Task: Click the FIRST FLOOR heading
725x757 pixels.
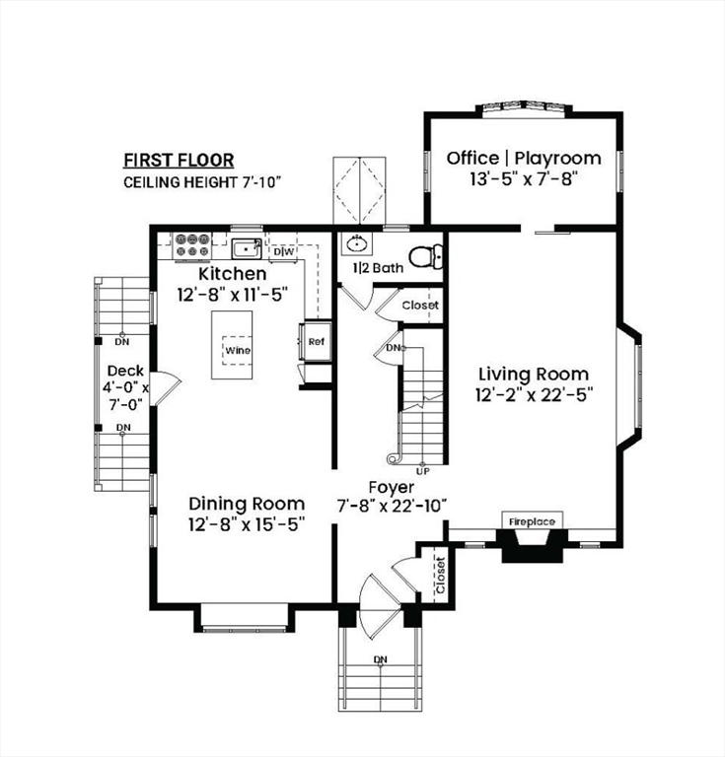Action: tap(179, 160)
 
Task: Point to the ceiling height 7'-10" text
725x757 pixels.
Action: tap(203, 182)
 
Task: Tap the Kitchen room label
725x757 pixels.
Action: tap(233, 273)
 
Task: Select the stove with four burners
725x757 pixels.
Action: tap(190, 244)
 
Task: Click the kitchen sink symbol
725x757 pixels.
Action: tap(247, 246)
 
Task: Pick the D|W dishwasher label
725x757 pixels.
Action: tap(284, 251)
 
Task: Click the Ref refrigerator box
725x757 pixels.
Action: tap(317, 342)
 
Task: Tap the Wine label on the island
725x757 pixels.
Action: tap(237, 350)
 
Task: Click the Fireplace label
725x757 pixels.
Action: tap(532, 520)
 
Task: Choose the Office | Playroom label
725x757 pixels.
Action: tap(524, 158)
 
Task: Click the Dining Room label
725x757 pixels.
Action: tap(247, 503)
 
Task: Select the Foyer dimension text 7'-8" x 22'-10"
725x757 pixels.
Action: tap(392, 505)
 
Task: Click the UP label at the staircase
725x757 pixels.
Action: tap(423, 470)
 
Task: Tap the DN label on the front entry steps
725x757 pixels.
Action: tap(380, 658)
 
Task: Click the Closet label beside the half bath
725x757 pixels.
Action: tap(419, 306)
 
